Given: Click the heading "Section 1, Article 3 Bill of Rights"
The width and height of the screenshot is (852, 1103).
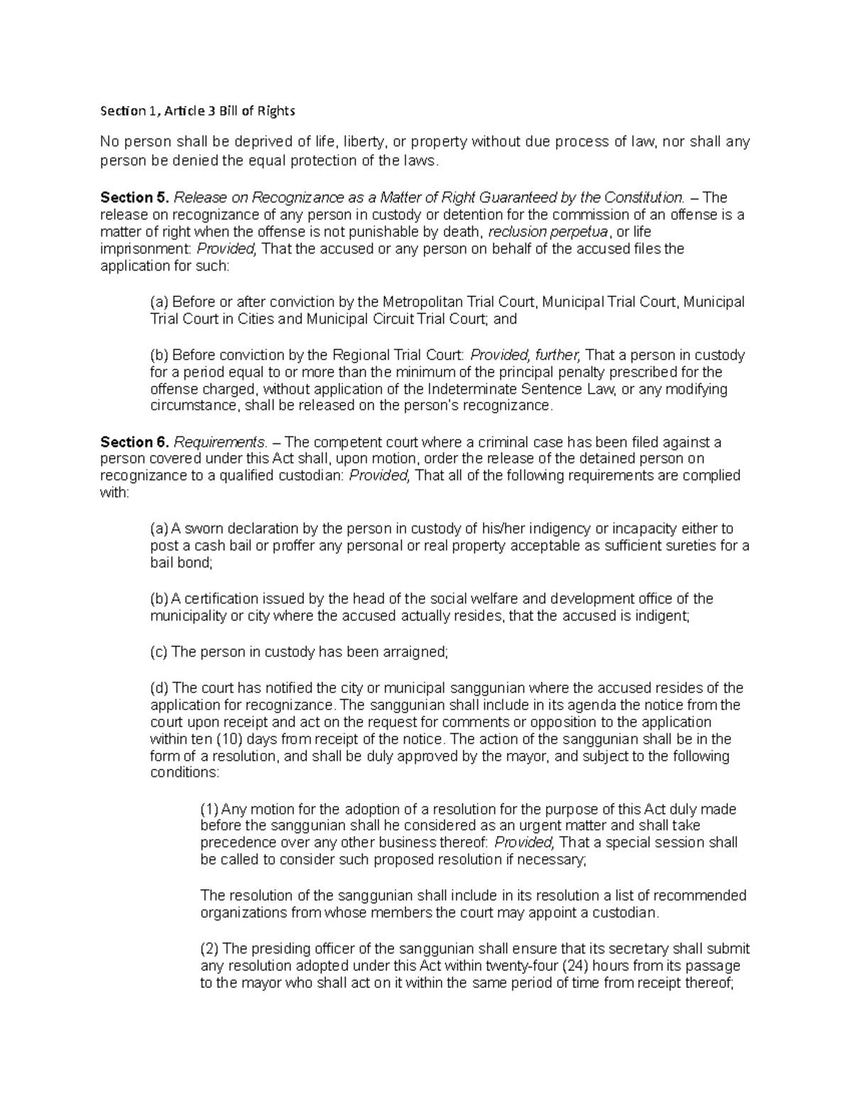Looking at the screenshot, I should [x=197, y=111].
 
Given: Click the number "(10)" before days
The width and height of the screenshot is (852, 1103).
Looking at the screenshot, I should [x=216, y=739].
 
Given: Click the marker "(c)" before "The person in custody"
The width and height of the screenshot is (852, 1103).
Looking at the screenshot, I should [x=160, y=653].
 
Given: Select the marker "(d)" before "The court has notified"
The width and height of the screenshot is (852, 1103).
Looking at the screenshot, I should [x=160, y=688].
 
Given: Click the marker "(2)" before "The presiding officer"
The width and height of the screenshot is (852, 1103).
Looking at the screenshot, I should [x=210, y=949].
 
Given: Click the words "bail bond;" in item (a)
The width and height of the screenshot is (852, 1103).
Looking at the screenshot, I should [x=181, y=563].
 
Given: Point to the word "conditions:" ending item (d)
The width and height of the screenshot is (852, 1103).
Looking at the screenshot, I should [x=185, y=773].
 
